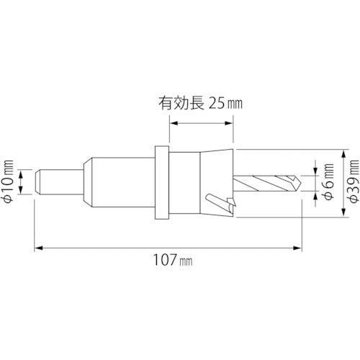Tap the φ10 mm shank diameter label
coord(8,180)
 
